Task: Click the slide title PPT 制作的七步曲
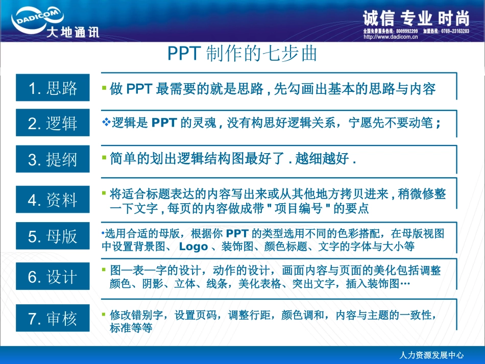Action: pyautogui.click(x=242, y=54)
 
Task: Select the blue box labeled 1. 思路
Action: pyautogui.click(x=53, y=88)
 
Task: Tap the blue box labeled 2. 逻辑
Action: pyautogui.click(x=53, y=123)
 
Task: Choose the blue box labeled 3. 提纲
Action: pyautogui.click(x=53, y=159)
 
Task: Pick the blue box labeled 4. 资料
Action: pyautogui.click(x=53, y=200)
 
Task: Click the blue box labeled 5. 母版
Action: pyautogui.click(x=53, y=236)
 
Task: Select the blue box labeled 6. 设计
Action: pyautogui.click(x=53, y=277)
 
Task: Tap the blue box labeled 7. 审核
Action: pyautogui.click(x=53, y=318)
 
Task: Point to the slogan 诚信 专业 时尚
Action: pyautogui.click(x=416, y=19)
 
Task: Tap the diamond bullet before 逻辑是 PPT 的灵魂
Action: pyautogui.click(x=106, y=123)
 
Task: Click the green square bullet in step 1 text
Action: pyautogui.click(x=104, y=88)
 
